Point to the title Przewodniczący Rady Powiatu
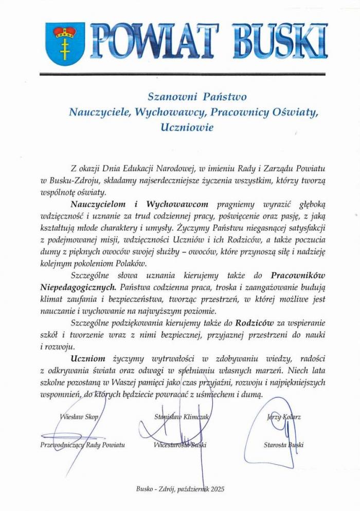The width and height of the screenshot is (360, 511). [82, 445]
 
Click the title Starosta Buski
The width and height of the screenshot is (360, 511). [282, 445]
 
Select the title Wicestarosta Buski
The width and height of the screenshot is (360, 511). [180, 445]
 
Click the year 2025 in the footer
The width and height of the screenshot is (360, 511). [217, 489]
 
